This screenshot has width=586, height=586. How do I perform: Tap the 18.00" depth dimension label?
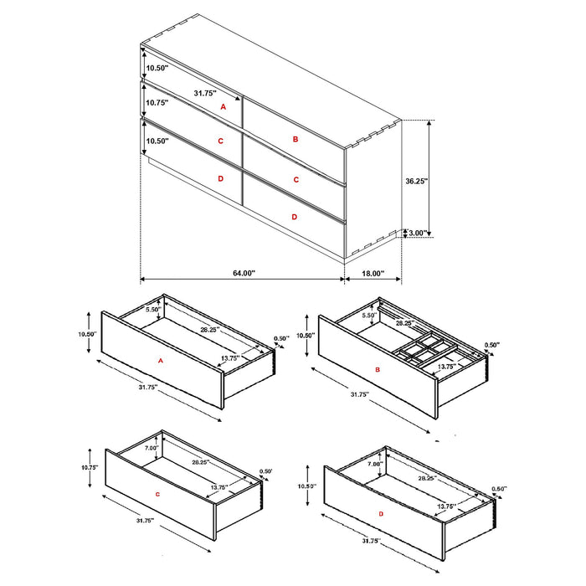tap(373, 273)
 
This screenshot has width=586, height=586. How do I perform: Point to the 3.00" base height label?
tap(417, 233)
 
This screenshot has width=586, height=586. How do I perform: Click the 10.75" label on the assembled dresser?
tap(157, 102)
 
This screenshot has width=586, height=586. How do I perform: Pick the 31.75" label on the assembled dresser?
tap(205, 93)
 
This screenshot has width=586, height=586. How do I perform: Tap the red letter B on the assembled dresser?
tap(296, 139)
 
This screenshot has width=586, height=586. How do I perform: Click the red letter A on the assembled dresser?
tap(223, 107)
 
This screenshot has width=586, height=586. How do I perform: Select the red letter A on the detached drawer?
tap(159, 360)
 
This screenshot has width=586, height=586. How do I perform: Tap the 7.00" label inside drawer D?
tap(374, 463)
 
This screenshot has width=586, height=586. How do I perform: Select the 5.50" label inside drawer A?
tap(152, 310)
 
